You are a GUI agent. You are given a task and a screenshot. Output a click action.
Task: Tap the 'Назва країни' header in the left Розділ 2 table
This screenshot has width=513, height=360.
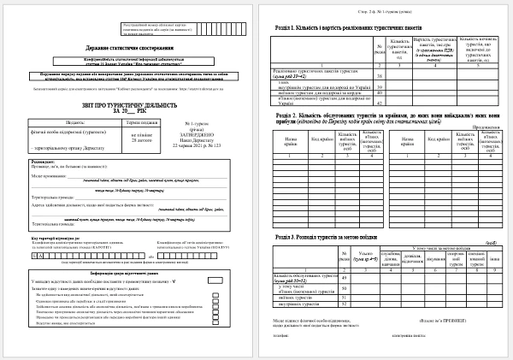pos(290,140)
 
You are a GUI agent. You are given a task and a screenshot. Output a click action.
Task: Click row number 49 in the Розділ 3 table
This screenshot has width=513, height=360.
pos(345,277)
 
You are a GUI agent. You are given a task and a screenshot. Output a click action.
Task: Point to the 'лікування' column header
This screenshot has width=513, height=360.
pos(432,254)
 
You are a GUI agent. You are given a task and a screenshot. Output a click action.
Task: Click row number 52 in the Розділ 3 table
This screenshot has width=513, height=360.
pos(345,301)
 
